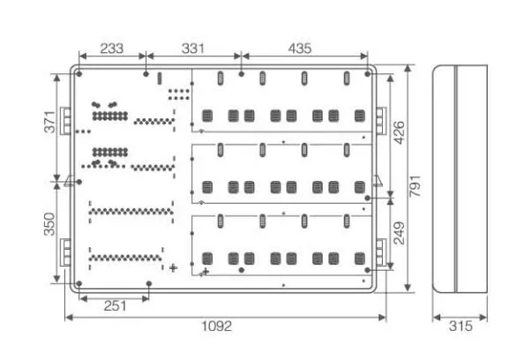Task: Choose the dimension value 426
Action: click(x=399, y=133)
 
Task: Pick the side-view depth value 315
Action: click(x=461, y=326)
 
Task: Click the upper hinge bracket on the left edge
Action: click(x=65, y=120)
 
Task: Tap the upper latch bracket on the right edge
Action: click(x=380, y=119)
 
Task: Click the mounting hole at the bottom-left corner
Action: click(x=79, y=283)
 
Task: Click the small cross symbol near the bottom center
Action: click(x=173, y=267)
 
